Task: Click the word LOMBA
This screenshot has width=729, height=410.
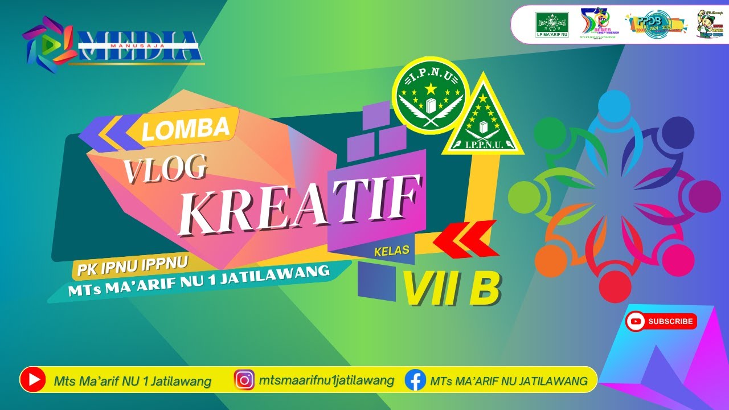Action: click(186, 128)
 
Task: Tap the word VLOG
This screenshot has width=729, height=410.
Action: click(165, 169)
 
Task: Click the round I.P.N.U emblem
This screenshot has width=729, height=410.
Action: click(431, 95)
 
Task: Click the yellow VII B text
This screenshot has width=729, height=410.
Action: click(452, 288)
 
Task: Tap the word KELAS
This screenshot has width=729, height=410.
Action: click(392, 251)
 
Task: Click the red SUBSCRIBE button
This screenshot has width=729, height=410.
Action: click(661, 322)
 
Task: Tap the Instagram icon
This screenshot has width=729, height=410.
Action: click(244, 380)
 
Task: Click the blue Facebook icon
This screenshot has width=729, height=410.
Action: click(415, 380)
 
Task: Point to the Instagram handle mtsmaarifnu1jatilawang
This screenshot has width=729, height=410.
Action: click(326, 380)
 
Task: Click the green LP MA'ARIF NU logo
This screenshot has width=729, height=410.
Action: click(552, 24)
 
